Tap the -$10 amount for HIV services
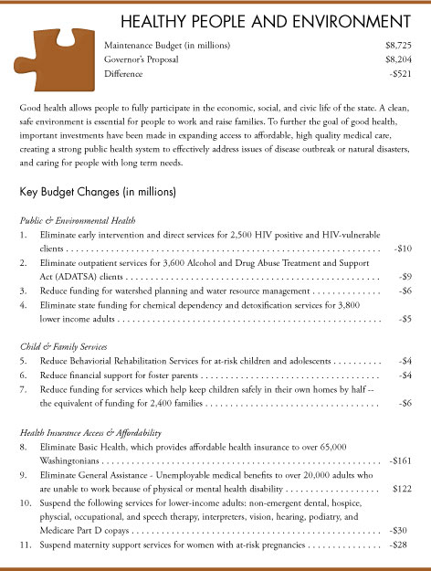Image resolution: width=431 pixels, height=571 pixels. [x=402, y=248]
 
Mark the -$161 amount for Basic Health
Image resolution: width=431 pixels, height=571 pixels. [x=399, y=460]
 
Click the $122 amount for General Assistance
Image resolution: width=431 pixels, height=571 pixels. [x=401, y=489]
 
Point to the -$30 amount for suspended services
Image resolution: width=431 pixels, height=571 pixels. [x=399, y=530]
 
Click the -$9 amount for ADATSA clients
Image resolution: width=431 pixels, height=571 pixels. [x=405, y=276]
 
